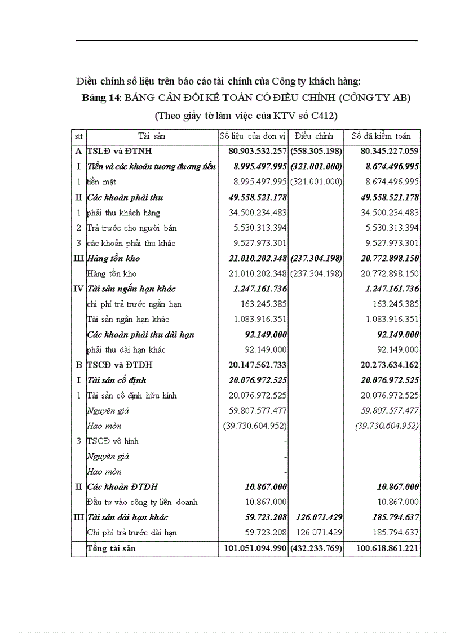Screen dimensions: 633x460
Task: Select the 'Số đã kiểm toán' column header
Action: (381, 136)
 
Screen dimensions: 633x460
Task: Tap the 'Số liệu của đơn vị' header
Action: (253, 136)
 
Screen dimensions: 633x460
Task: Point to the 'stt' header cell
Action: (78, 136)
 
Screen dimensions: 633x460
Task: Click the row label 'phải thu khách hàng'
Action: (123, 213)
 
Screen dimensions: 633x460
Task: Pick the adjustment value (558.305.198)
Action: (316, 151)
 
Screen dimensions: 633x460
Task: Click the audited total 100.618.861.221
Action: (387, 548)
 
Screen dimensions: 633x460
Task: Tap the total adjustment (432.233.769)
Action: (316, 548)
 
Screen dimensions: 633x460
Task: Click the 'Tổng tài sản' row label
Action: (112, 548)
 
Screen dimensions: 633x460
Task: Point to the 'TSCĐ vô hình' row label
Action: (113, 441)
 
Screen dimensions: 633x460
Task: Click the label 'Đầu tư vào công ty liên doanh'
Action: (142, 502)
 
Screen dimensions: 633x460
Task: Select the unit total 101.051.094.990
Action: (253, 548)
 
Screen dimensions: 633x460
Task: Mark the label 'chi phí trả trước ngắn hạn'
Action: (134, 304)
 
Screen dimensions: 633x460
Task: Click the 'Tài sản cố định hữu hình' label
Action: (132, 395)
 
